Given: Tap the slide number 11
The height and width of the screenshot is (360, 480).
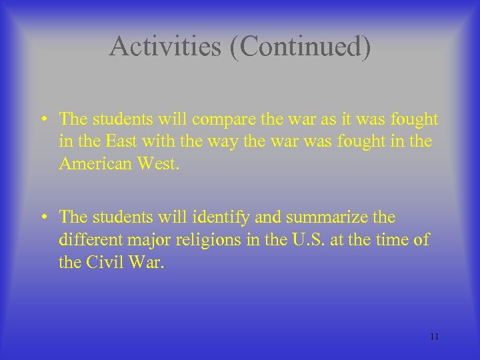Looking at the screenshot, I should (x=434, y=336).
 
